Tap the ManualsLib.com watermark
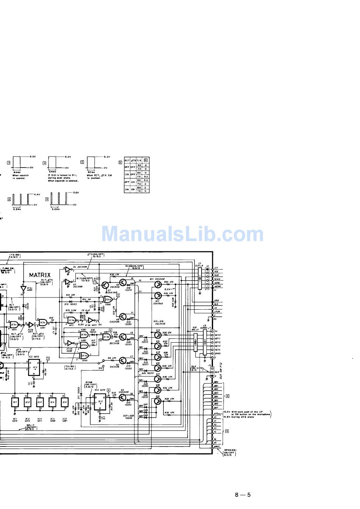(182, 233)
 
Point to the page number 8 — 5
(243, 494)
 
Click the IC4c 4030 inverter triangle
(23, 288)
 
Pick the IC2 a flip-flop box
(35, 368)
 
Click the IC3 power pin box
(39, 402)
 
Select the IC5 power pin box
(64, 402)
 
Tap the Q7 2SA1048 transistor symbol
(105, 285)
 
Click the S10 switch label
(100, 368)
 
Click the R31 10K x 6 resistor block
(195, 343)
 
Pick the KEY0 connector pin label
(218, 335)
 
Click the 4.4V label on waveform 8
(37, 194)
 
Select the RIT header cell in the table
(127, 161)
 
